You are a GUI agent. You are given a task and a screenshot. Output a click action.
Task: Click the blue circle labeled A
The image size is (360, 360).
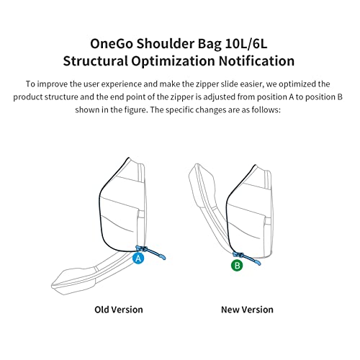[138, 258]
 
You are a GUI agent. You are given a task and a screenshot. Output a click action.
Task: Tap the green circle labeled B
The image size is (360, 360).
[237, 266]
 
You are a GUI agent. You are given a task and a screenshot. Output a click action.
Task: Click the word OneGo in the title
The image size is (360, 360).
[112, 44]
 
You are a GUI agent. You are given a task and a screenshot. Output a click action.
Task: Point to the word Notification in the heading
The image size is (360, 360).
[256, 61]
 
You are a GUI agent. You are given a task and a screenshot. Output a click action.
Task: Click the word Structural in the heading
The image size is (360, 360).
[95, 61]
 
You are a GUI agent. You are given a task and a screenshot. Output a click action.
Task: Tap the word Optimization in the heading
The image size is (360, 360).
[173, 61]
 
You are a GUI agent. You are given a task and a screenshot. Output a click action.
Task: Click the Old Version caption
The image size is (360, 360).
[119, 310]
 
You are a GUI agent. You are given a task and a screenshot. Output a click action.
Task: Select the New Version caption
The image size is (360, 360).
[247, 310]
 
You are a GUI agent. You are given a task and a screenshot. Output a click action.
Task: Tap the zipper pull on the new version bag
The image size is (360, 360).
[247, 258]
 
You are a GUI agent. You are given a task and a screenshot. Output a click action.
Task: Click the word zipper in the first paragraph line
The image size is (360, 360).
[207, 84]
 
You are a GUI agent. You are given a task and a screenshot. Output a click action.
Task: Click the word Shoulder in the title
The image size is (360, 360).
[166, 44]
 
